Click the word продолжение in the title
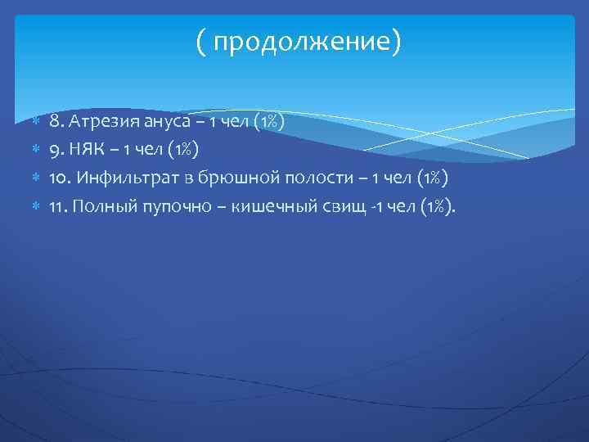coord(303,42)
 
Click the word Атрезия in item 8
coord(99,122)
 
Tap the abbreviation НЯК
coord(86,150)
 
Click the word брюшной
coord(245,178)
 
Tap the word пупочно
coord(168,205)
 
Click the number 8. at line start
coord(56,122)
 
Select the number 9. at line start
coord(56,150)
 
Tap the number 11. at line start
coord(57,205)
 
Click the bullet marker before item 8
coord(34,122)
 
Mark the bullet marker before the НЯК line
coord(34,150)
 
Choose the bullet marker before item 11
coord(34,205)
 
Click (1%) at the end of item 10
coord(429,178)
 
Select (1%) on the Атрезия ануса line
coord(268,122)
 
